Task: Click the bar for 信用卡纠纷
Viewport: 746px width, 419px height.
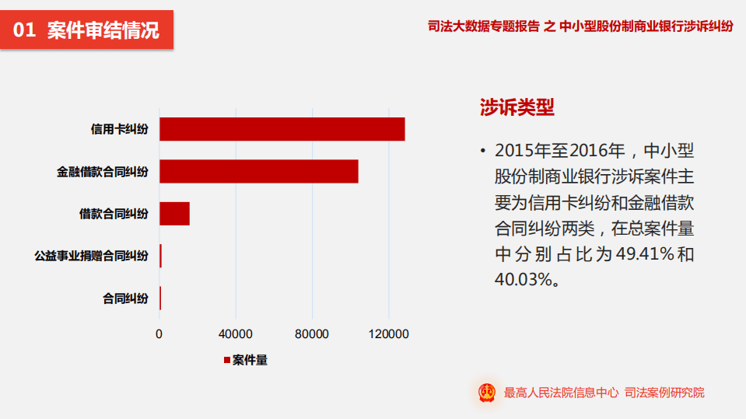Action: (282, 129)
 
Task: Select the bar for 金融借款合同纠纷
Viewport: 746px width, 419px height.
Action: (258, 171)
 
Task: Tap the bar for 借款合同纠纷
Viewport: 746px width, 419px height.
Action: (174, 213)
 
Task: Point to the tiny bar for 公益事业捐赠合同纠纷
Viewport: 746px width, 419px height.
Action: (160, 256)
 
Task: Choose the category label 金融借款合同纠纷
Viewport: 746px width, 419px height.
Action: (102, 171)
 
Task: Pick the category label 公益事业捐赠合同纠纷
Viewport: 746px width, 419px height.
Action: (91, 256)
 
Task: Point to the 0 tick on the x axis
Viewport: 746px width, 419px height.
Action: (159, 334)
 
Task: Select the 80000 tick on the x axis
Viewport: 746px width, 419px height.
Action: (312, 334)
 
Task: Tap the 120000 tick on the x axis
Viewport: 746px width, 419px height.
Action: (388, 334)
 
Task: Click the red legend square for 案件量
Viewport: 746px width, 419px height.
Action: (227, 360)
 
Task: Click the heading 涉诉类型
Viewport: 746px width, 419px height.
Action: (517, 108)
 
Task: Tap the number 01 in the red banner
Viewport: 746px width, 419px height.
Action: (25, 31)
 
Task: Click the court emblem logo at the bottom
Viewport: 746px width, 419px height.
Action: (487, 393)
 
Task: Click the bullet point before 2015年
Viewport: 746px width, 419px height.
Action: (483, 150)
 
